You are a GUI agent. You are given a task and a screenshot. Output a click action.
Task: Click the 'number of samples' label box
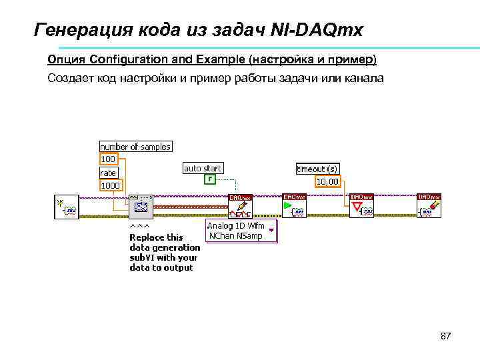tap(135, 147)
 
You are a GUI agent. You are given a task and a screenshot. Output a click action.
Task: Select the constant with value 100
tap(108, 159)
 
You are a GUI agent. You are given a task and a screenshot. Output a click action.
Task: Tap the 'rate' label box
tap(108, 173)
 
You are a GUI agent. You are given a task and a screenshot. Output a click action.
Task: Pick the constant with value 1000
tap(111, 185)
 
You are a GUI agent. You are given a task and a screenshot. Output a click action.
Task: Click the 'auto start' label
tap(203, 169)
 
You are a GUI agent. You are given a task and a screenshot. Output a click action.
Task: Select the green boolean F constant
tap(210, 179)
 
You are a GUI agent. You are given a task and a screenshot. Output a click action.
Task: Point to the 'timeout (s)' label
tap(317, 169)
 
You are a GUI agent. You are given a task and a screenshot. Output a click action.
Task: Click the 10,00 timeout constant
tap(327, 181)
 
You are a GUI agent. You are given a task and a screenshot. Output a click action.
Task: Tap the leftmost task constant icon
tap(67, 207)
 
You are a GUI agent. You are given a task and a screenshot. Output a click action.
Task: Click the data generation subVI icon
tap(141, 207)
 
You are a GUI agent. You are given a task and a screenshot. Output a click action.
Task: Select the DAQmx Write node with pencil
tap(240, 207)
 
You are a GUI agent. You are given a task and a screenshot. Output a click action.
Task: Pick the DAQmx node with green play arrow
tap(294, 207)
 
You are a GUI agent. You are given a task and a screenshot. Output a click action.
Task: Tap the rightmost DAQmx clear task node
tap(429, 207)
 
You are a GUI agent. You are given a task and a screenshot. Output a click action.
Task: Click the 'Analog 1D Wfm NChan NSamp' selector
tap(241, 231)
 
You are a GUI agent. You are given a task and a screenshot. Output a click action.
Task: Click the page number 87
tap(446, 336)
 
